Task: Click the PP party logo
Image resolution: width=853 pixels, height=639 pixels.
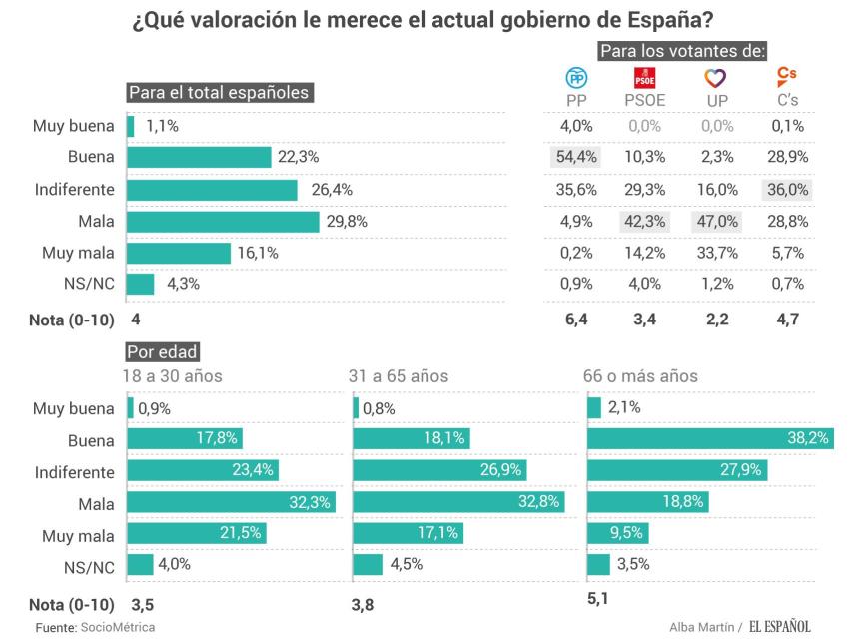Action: click(x=577, y=78)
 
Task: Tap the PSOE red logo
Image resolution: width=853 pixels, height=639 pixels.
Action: click(x=644, y=78)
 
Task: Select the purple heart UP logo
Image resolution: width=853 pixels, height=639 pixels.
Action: click(x=716, y=78)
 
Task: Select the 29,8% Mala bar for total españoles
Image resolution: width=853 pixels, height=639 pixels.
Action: click(x=223, y=222)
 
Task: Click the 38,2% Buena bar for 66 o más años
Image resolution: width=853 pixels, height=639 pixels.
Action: click(x=709, y=439)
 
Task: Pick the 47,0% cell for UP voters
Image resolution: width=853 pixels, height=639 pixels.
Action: click(x=716, y=222)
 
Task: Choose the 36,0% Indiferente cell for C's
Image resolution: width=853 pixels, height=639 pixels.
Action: click(x=786, y=190)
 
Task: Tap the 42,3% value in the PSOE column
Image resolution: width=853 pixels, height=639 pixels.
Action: click(x=644, y=222)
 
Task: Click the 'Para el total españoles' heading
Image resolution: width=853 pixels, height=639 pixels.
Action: click(x=220, y=92)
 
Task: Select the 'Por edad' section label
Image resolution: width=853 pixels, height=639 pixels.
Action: click(x=162, y=351)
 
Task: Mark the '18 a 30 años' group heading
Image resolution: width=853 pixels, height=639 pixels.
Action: click(x=172, y=376)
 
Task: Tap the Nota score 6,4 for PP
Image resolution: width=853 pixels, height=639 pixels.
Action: click(x=577, y=319)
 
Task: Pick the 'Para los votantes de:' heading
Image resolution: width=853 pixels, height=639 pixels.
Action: click(x=682, y=50)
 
